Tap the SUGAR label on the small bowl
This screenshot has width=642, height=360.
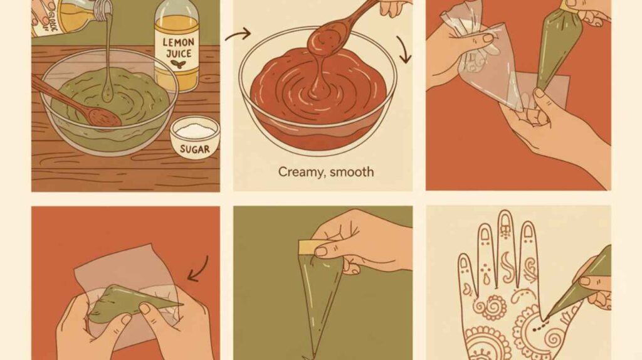[x=194, y=149]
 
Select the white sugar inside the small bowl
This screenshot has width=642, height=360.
[x=195, y=129]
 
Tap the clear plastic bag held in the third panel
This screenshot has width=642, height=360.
[x=480, y=63]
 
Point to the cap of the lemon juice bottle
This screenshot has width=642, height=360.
[x=177, y=8]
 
